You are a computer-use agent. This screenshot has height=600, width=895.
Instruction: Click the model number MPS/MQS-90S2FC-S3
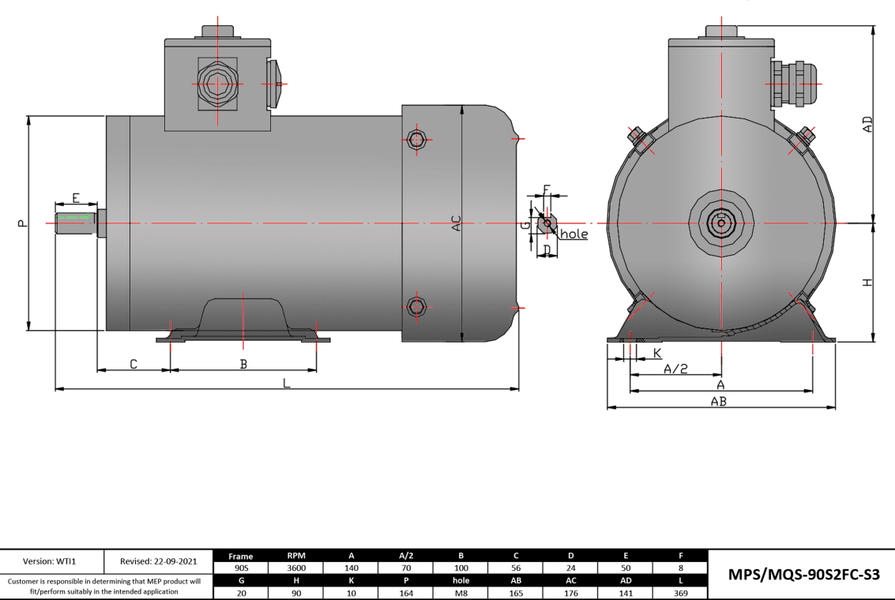pos(803,575)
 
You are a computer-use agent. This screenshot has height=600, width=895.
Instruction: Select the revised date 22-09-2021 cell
pos(159,561)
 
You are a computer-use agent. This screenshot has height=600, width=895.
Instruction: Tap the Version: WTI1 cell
pos(52,561)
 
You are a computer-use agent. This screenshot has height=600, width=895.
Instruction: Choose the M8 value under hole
pos(461,592)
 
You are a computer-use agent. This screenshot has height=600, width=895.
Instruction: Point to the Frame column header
pos(241,556)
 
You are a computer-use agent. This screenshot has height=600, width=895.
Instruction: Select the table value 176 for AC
pos(570,592)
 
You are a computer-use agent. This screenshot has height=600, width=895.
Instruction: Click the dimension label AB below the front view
pos(718,401)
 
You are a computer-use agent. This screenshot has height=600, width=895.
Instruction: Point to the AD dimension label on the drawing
pos(867,125)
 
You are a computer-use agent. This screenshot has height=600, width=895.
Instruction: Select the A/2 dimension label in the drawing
pos(675,369)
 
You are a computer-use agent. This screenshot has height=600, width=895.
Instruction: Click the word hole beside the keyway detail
pos(573,234)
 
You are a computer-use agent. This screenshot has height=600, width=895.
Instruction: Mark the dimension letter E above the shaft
pos(76,197)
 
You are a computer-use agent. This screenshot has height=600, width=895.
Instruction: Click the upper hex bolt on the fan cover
pos(417,140)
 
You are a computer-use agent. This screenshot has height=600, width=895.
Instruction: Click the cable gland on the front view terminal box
pos(792,83)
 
